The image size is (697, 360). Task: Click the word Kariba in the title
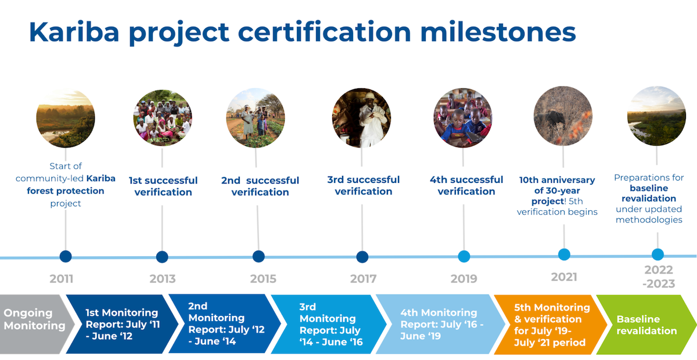[x=74, y=32]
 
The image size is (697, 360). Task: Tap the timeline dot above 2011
[x=66, y=257]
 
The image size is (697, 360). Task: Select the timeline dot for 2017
[x=362, y=257]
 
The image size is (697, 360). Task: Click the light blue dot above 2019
[x=464, y=257]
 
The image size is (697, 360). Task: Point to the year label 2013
[x=163, y=279]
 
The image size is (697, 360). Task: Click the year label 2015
[x=263, y=279]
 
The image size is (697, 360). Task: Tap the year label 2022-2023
[x=659, y=276]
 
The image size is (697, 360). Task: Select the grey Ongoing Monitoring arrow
[x=37, y=324]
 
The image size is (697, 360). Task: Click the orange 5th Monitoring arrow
[x=550, y=325]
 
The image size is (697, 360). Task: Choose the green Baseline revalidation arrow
[x=646, y=325]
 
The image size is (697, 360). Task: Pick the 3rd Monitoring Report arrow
[x=329, y=324]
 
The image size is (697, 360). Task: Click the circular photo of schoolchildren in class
[x=463, y=118]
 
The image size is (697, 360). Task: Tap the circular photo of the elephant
[x=563, y=116]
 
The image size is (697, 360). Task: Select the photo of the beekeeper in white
[x=361, y=118]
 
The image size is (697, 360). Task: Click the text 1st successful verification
[x=163, y=186]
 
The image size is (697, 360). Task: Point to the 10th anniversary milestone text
[x=557, y=196]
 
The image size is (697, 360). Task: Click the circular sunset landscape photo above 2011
[x=66, y=118]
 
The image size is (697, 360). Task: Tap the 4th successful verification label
[x=466, y=185]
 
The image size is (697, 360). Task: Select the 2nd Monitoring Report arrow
[x=225, y=324]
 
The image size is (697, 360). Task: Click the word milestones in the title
[x=498, y=32]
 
